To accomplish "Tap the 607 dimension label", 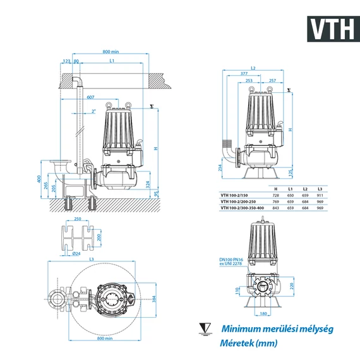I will coord(92,97).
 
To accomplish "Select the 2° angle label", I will coord(93,111).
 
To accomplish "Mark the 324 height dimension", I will coord(147,186).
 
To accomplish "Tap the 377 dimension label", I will coord(244,74).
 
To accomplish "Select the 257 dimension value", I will coord(272,81).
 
